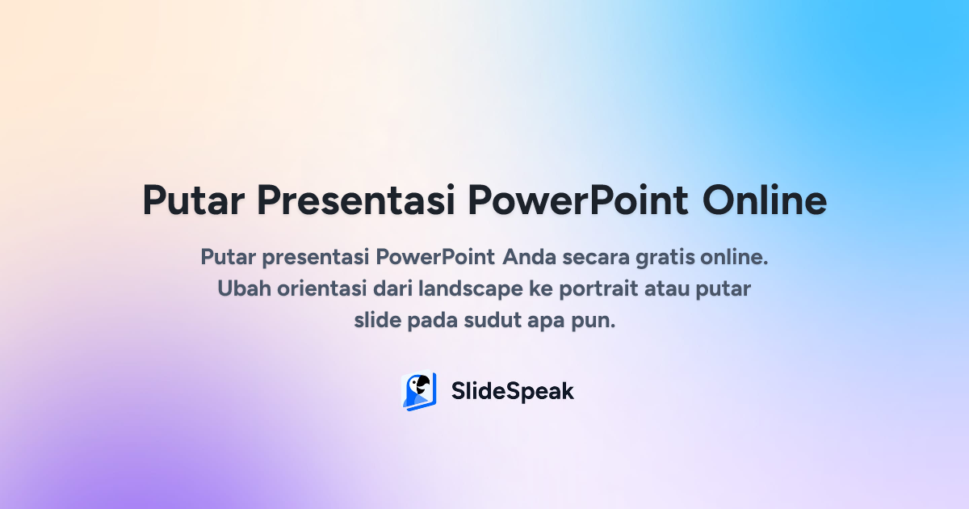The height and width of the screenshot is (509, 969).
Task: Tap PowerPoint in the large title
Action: click(578, 200)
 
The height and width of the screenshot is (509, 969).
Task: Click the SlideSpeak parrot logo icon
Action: click(419, 392)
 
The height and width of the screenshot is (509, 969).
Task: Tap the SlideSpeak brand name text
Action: click(512, 392)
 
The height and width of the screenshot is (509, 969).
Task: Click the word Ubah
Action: click(240, 288)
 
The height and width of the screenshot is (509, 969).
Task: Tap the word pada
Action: click(432, 320)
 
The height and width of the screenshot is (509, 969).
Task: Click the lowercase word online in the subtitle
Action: click(733, 258)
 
